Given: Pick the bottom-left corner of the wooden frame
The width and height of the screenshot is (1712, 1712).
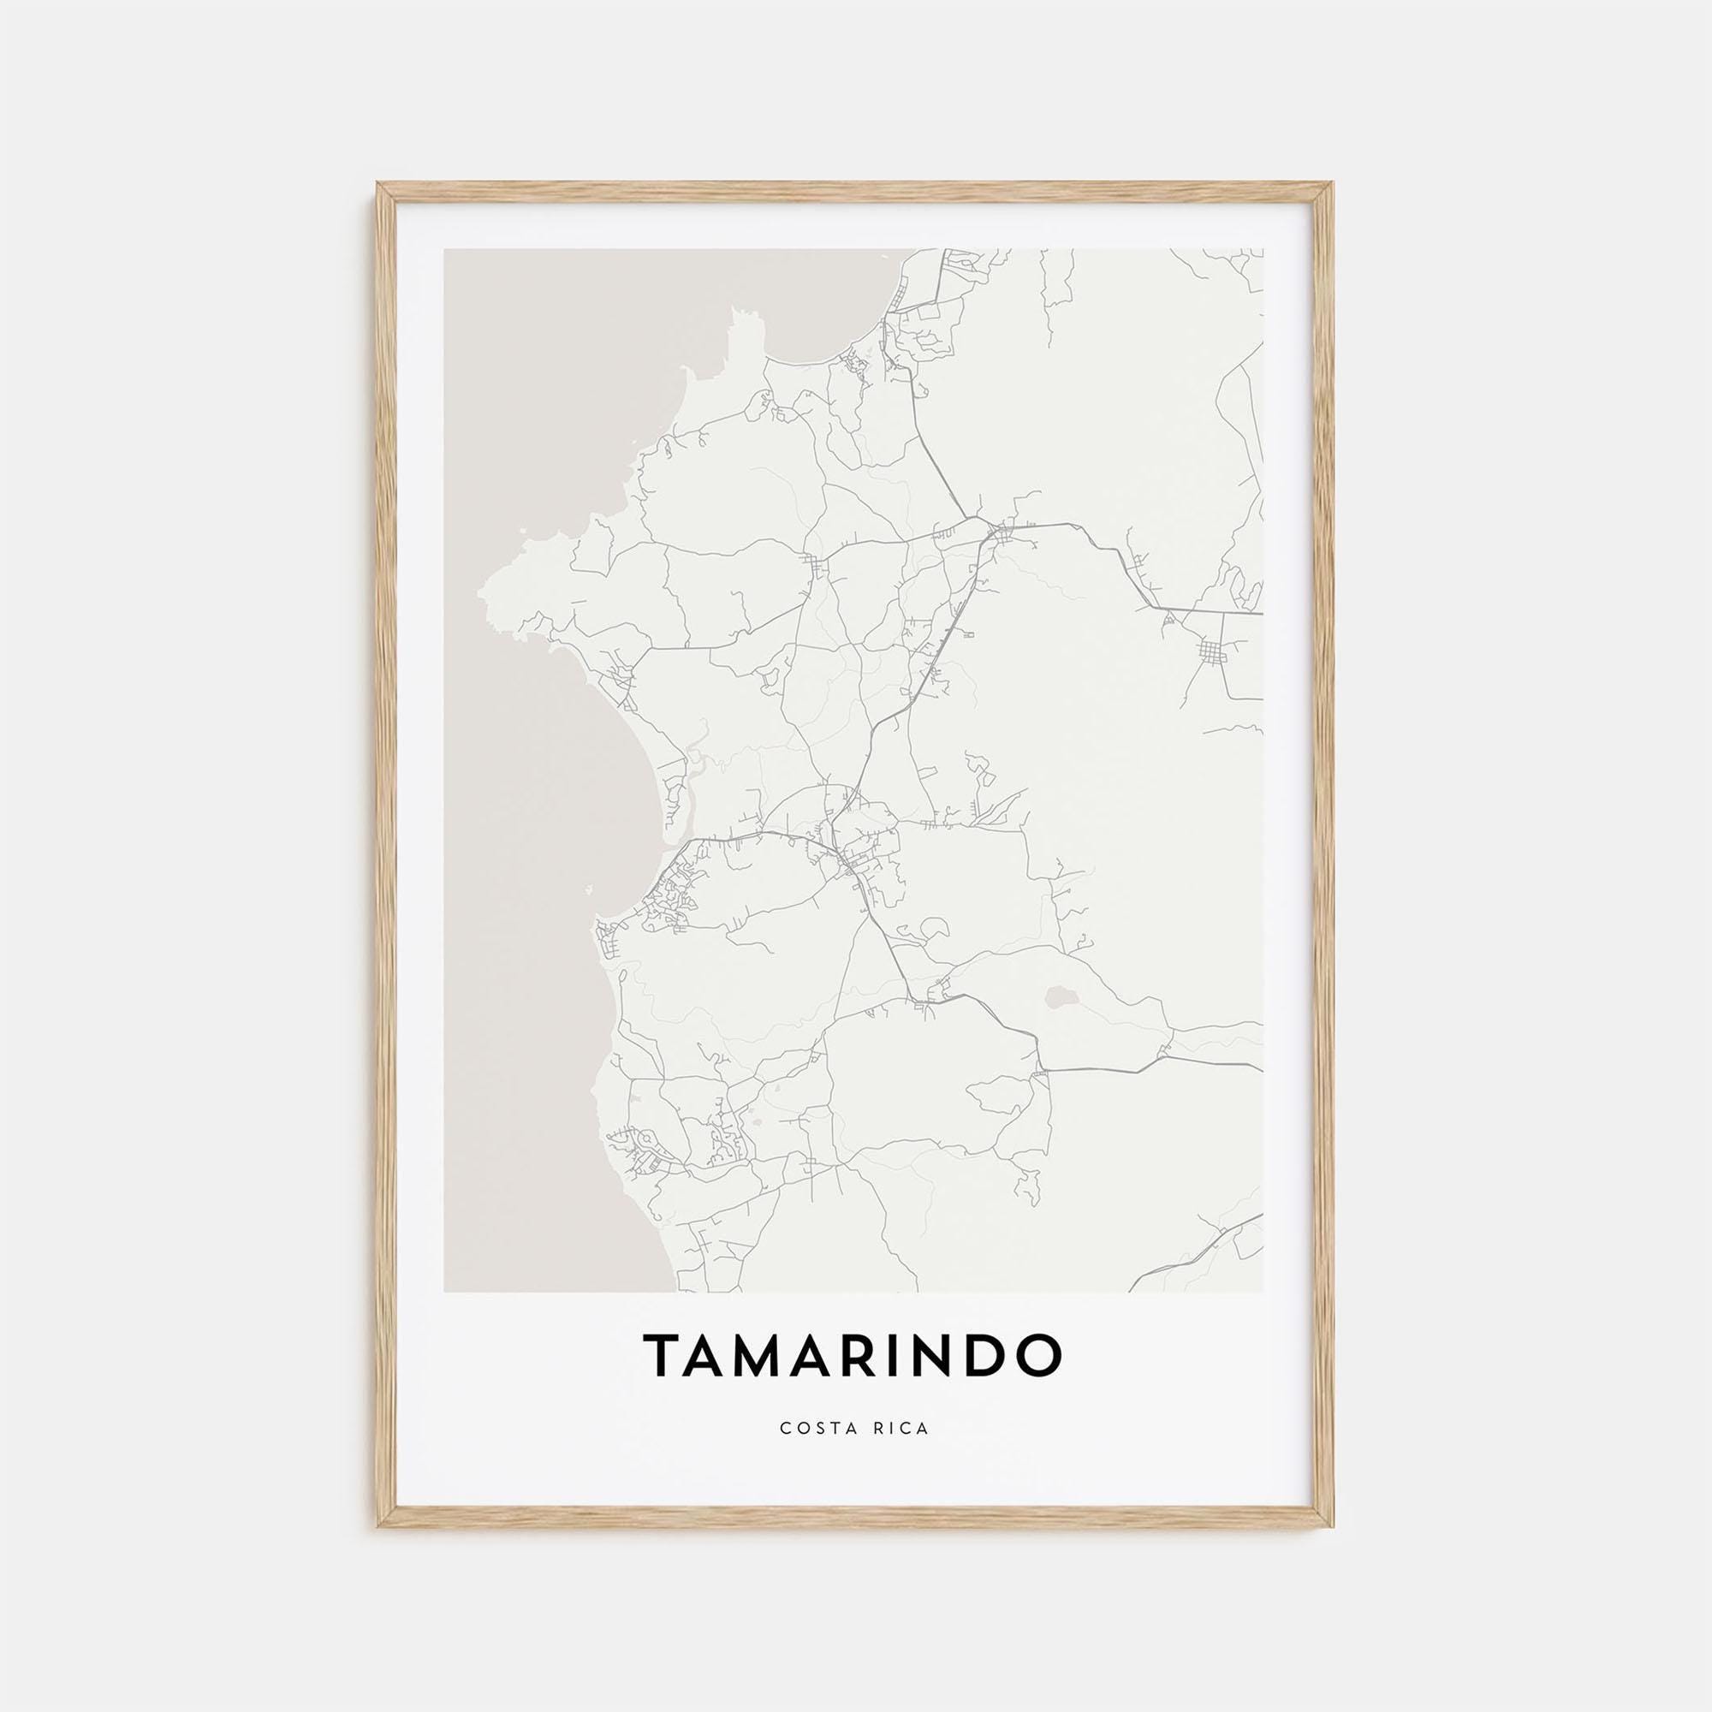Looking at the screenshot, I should pos(379,1526).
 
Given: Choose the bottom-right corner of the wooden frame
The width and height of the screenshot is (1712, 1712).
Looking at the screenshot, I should pos(1332,1526).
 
